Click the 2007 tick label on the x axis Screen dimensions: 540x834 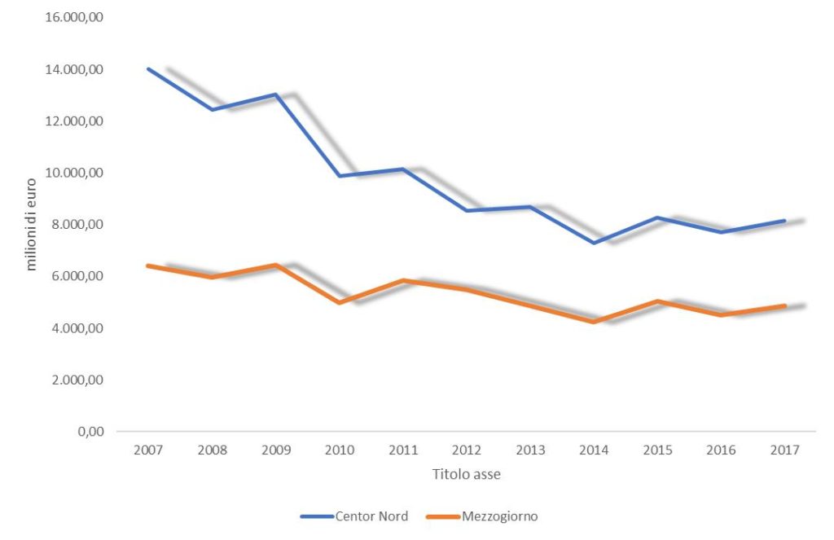[147, 449]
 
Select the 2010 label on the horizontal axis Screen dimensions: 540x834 [339, 449]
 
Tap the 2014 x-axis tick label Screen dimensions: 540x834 [594, 449]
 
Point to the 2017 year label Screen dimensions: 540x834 [785, 449]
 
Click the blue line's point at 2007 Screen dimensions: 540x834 [148, 69]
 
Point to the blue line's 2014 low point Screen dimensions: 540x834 [594, 243]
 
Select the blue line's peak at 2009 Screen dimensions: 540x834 [275, 94]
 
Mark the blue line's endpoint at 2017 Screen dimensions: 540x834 [784, 221]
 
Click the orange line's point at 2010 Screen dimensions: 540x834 [339, 303]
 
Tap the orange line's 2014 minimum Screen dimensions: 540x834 [594, 323]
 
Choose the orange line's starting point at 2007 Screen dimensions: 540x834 [148, 266]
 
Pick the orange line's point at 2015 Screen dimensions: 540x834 [657, 301]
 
